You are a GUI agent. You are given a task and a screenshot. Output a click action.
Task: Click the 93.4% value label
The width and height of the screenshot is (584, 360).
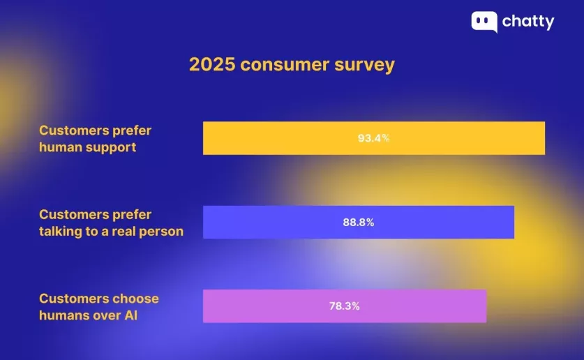(373, 138)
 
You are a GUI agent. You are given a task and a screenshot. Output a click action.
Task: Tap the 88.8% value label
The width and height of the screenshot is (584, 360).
(359, 223)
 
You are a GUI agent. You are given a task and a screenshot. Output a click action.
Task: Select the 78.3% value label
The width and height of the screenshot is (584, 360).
(344, 306)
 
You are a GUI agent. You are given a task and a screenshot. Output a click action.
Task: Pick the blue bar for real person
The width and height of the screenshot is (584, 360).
(447, 223)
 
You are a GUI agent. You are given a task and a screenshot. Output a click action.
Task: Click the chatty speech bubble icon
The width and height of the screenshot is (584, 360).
(484, 22)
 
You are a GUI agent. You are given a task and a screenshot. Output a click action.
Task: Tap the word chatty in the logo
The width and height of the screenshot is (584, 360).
(528, 22)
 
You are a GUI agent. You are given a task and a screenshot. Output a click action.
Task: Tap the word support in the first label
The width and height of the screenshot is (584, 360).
(111, 148)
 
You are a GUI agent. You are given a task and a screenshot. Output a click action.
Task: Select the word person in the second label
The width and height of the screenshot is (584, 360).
(160, 232)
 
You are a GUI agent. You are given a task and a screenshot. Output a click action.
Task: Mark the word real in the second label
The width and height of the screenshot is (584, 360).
(121, 231)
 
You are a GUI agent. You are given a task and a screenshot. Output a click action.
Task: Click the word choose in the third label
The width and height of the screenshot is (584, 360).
(136, 299)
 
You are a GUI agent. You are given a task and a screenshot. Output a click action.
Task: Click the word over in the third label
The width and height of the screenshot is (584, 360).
(107, 315)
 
